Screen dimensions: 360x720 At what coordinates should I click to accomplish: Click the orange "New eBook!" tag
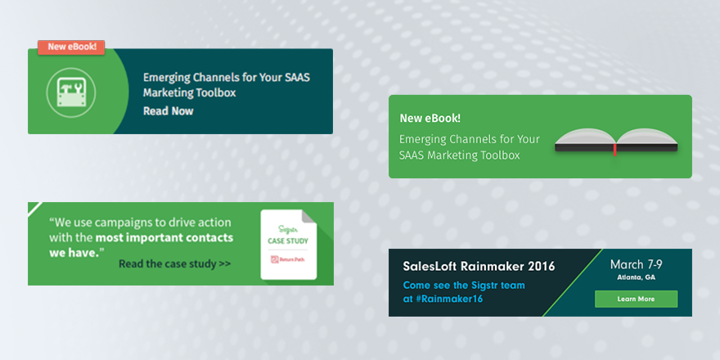point(72,47)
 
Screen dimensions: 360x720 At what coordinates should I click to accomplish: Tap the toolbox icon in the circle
point(71,91)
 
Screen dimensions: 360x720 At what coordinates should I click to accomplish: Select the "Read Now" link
point(168,110)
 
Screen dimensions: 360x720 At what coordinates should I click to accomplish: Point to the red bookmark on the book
point(614,149)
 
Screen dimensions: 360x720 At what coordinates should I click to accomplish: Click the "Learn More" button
point(636,299)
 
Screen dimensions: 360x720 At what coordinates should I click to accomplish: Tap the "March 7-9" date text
point(636,264)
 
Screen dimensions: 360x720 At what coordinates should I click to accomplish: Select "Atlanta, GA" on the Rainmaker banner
point(636,277)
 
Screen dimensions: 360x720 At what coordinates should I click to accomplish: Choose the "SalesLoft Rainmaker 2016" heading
point(479,266)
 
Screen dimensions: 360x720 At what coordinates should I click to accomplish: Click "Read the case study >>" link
point(174,264)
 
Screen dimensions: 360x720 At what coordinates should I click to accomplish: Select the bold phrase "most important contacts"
point(164,238)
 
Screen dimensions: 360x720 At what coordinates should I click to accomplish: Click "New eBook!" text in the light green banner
point(430,118)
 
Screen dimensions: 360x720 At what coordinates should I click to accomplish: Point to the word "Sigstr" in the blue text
point(473,286)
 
